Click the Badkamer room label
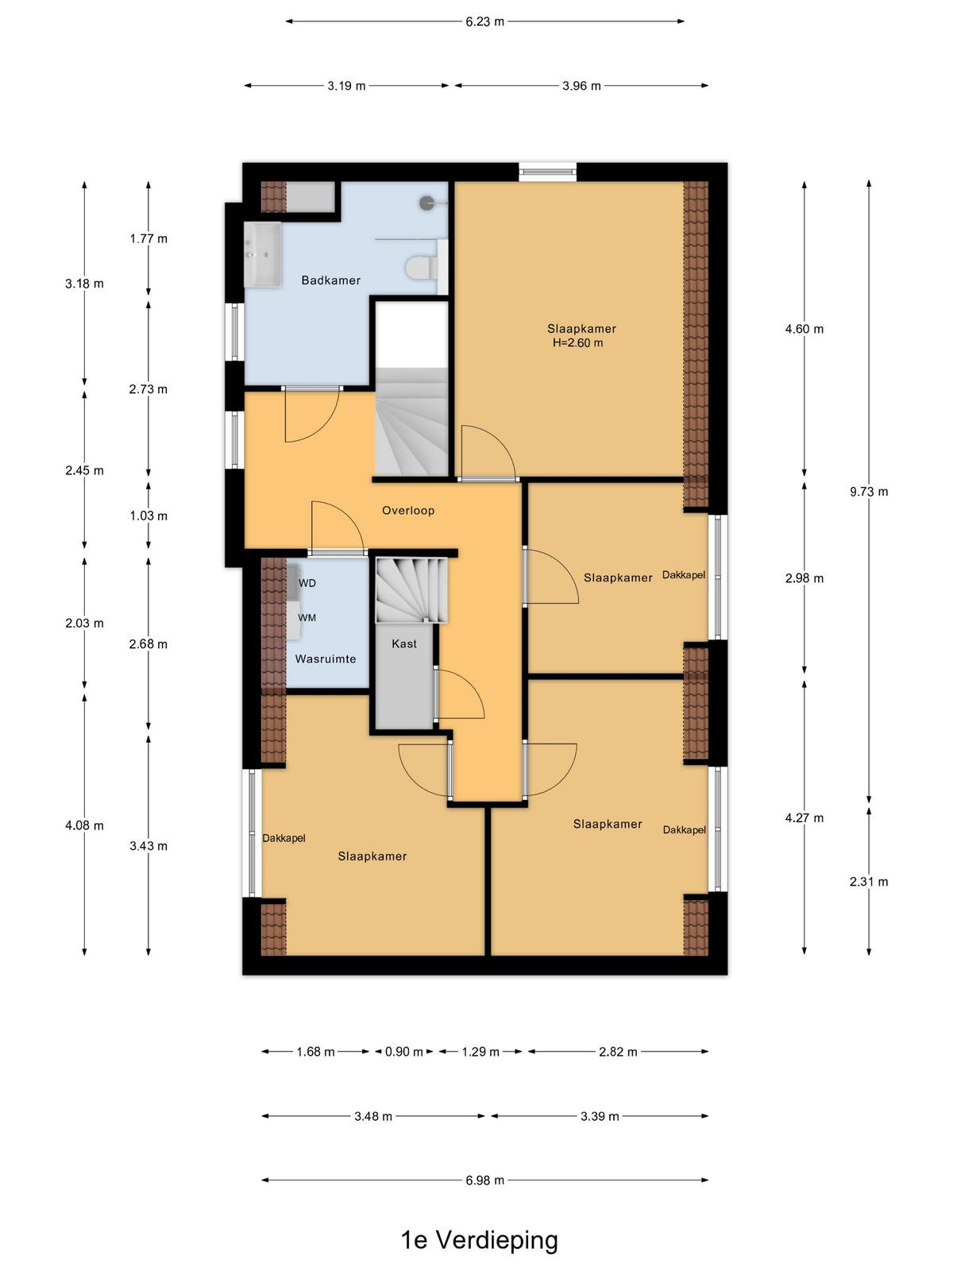pos(330,280)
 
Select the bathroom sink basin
pos(262,254)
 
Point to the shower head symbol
pos(427,203)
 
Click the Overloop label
pos(408,510)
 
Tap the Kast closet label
pos(404,643)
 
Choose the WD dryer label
pos(307,583)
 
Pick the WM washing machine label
pos(307,618)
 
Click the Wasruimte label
pos(325,659)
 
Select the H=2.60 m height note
pos(577,343)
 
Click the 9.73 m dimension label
pos(869,492)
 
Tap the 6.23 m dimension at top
pos(485,22)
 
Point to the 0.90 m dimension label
pos(404,1052)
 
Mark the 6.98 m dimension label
pos(485,1180)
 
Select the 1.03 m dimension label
pos(149,516)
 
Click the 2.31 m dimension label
pos(869,882)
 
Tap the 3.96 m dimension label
pos(581,87)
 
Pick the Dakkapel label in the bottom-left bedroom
pos(284,838)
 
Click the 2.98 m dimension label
pos(804,578)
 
